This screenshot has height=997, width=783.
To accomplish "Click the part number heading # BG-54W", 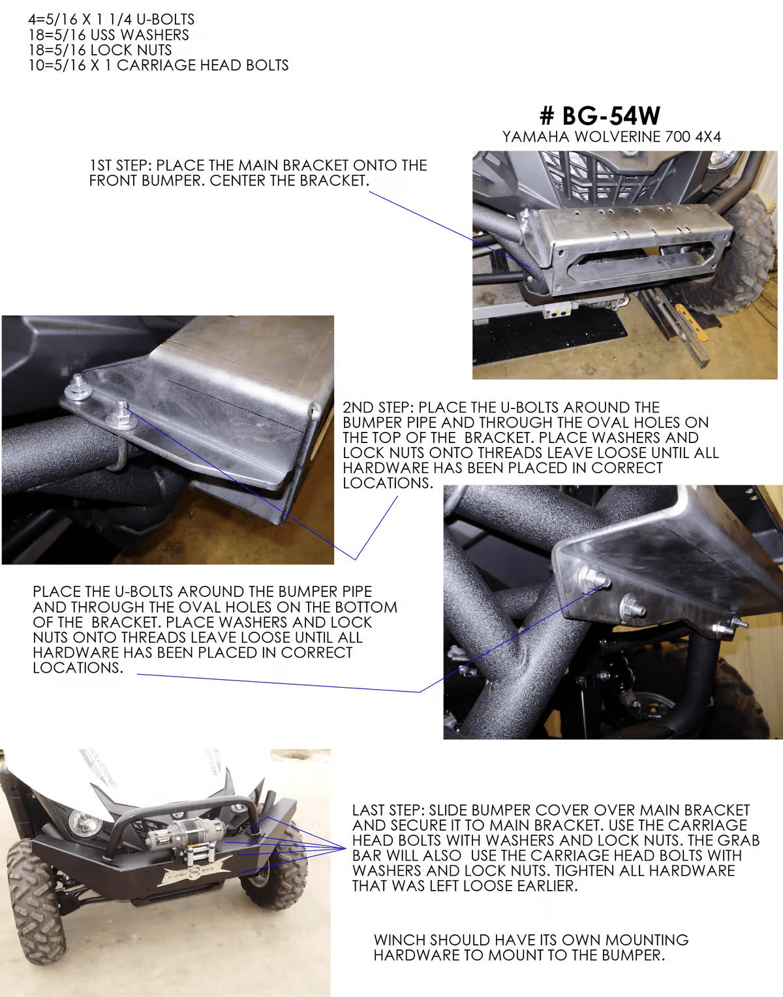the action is click(x=600, y=115).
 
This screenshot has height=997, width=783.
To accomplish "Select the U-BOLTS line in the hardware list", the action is click(x=112, y=20).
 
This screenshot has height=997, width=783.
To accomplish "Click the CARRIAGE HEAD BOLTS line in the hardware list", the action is click(x=159, y=65).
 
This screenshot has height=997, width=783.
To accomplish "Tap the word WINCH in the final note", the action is click(x=399, y=940).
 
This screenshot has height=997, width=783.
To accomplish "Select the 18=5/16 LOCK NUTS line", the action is click(x=100, y=50).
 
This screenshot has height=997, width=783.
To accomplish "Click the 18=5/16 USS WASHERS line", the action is click(x=109, y=35).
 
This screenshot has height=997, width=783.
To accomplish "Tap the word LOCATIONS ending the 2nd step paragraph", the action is click(x=388, y=483).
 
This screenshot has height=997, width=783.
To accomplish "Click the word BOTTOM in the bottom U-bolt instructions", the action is click(x=365, y=607).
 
